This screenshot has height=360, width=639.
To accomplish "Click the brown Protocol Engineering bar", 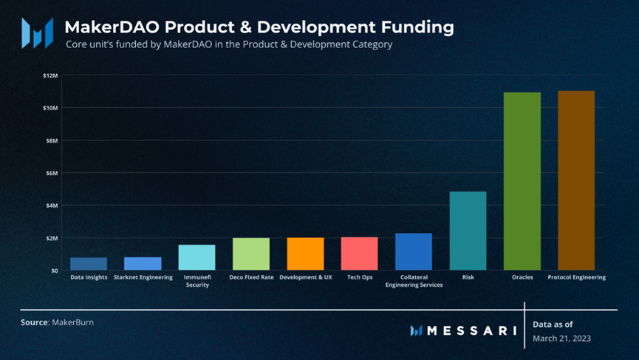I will pyautogui.click(x=576, y=180).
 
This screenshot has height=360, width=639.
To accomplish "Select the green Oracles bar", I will pyautogui.click(x=522, y=181).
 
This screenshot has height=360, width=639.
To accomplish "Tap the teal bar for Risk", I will pyautogui.click(x=468, y=231).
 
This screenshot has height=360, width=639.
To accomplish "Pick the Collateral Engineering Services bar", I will pyautogui.click(x=414, y=251).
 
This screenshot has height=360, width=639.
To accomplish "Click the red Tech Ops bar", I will pyautogui.click(x=360, y=254).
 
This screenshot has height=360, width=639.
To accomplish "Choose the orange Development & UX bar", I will pyautogui.click(x=305, y=254).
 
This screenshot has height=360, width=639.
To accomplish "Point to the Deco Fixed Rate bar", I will pyautogui.click(x=251, y=254).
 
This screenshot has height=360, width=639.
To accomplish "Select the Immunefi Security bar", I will pyautogui.click(x=197, y=257).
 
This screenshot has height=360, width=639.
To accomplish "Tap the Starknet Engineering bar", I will pyautogui.click(x=143, y=263).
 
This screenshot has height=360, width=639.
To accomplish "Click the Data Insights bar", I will pyautogui.click(x=89, y=263).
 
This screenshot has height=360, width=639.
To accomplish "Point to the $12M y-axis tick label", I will pyautogui.click(x=49, y=75).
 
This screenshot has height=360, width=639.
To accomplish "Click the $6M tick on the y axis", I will pyautogui.click(x=51, y=173).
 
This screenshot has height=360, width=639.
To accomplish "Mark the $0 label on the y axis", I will pyautogui.click(x=54, y=271).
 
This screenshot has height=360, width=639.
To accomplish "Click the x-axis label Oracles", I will pyautogui.click(x=522, y=278).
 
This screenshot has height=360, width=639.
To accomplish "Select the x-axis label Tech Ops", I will pyautogui.click(x=360, y=278).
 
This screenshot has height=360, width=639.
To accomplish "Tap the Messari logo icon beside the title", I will pyautogui.click(x=37, y=33).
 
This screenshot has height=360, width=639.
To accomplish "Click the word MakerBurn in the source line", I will pyautogui.click(x=72, y=323).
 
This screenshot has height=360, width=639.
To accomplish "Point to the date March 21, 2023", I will pyautogui.click(x=562, y=338).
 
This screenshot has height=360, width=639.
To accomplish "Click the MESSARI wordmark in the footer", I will pyautogui.click(x=471, y=330).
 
